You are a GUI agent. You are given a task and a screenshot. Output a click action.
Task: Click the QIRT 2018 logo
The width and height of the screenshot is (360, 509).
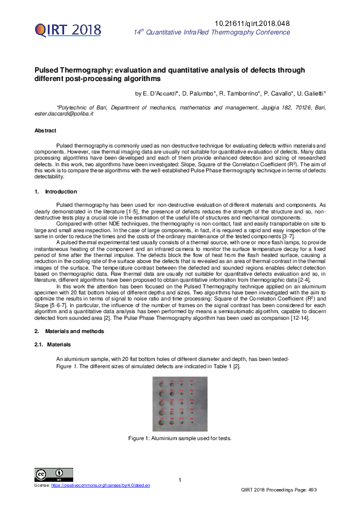67,30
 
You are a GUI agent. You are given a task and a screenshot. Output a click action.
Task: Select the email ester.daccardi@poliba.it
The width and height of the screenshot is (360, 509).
64,114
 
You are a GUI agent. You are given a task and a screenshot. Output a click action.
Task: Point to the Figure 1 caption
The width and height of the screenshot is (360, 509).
180,438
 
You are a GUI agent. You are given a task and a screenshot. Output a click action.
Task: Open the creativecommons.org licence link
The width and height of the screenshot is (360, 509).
100,485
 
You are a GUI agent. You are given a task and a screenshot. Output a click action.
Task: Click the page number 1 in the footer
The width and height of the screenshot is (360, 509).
180,480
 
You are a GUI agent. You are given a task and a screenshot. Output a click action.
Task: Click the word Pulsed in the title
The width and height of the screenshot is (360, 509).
47,71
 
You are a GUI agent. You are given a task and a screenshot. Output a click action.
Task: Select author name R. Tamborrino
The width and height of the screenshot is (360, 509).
237,94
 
